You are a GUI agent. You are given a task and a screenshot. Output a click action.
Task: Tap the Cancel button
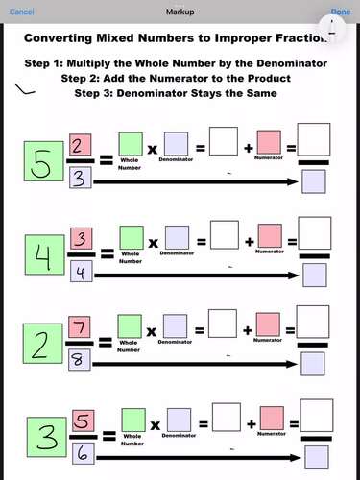[21, 12]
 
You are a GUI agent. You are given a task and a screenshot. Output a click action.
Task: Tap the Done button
[340, 12]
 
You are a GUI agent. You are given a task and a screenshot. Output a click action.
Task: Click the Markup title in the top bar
[180, 12]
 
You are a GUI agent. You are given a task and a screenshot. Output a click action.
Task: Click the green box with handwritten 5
[41, 164]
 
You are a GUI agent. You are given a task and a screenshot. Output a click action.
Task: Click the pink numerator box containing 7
[80, 329]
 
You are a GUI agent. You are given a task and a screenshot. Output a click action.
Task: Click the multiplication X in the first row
[153, 151]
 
